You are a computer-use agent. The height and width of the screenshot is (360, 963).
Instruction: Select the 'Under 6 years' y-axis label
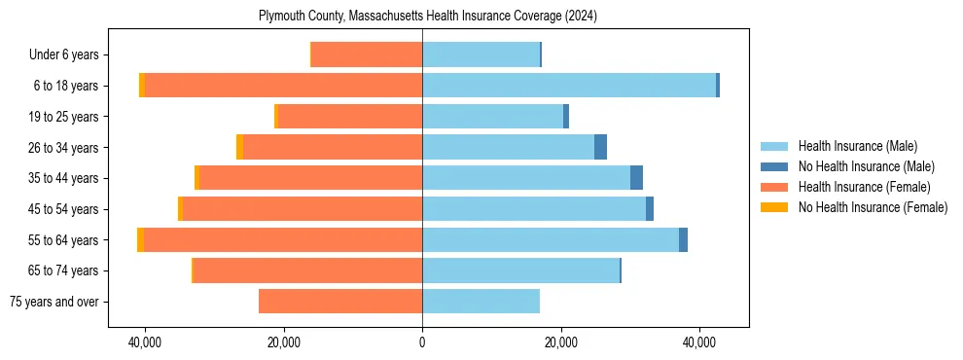[69, 54]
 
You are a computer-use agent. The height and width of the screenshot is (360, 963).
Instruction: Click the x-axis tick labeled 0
[422, 342]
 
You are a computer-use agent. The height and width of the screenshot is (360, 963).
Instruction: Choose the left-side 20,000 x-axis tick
[284, 342]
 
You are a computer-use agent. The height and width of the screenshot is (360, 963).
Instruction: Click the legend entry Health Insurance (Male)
[857, 146]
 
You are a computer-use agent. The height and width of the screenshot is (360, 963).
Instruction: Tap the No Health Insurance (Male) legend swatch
[774, 166]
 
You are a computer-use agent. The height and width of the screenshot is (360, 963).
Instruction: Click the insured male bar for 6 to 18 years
[569, 86]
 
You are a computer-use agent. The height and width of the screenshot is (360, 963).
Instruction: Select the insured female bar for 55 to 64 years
[283, 239]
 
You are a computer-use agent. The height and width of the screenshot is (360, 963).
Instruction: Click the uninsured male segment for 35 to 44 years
[636, 178]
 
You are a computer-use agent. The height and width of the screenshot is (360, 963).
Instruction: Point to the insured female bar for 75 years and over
[340, 302]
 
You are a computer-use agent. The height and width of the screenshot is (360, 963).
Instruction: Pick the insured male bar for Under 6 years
[481, 54]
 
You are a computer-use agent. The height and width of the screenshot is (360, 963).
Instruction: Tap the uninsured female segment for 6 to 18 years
[142, 86]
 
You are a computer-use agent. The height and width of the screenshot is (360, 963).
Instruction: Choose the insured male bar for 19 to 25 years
[492, 117]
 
